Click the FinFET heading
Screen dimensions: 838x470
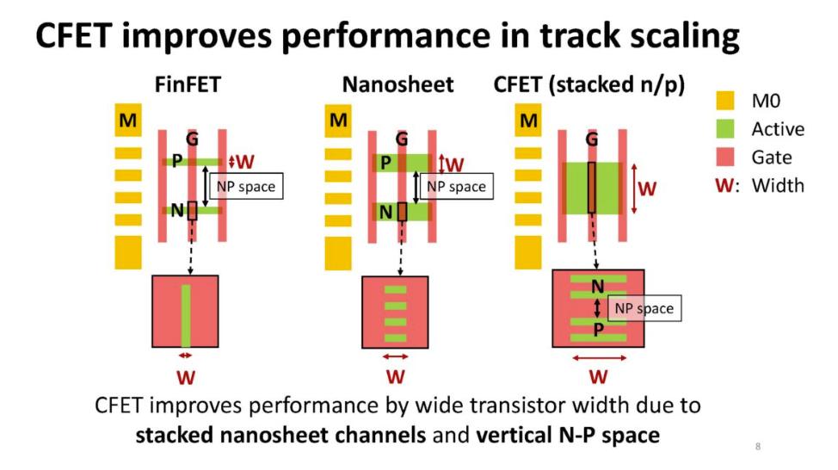(x=188, y=84)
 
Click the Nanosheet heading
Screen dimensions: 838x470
(x=397, y=84)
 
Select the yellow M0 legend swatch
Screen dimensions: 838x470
(x=725, y=101)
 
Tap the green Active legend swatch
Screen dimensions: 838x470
(x=725, y=129)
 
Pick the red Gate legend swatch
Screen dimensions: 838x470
(x=725, y=158)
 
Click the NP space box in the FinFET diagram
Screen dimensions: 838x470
(x=246, y=186)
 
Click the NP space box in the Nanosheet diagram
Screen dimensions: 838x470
(x=456, y=186)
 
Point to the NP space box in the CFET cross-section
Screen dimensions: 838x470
(x=644, y=308)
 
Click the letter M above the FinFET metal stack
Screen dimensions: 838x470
(x=127, y=121)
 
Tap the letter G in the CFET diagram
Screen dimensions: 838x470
(x=592, y=139)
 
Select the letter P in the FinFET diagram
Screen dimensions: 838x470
(x=177, y=160)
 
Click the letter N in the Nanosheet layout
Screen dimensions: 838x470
(x=385, y=213)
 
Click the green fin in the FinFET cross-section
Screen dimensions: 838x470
(x=186, y=316)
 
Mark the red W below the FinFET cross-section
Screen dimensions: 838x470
(x=186, y=378)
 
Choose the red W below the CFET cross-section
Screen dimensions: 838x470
(x=599, y=377)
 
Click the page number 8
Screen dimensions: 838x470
(x=758, y=447)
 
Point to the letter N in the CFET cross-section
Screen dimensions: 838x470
(x=598, y=288)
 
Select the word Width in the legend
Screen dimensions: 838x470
(x=778, y=186)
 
